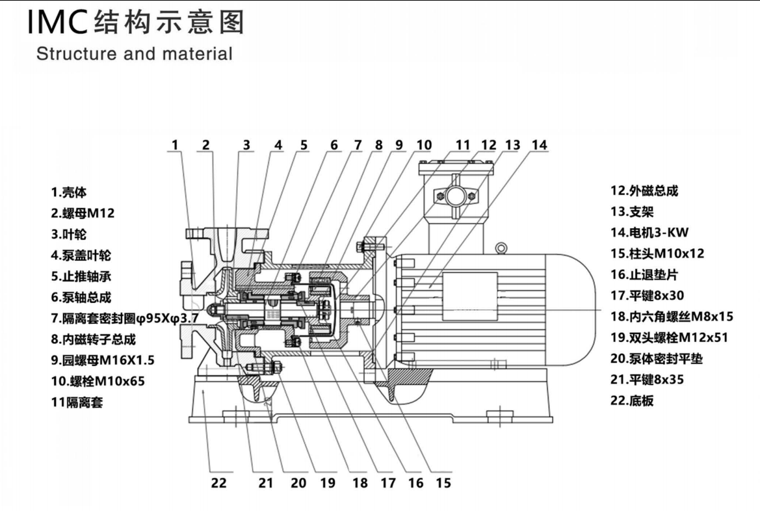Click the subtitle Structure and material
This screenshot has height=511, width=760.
click(134, 54)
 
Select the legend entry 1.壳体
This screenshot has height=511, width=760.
click(69, 192)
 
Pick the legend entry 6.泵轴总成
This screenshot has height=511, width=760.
click(81, 298)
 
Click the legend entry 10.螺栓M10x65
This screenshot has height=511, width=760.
click(98, 381)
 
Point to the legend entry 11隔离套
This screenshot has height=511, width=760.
click(77, 402)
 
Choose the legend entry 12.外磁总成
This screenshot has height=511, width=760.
click(644, 190)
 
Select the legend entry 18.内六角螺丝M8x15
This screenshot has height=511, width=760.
click(672, 317)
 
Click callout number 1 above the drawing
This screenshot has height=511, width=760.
click(175, 145)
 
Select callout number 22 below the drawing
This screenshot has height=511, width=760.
click(218, 483)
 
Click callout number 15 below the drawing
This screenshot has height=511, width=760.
click(442, 483)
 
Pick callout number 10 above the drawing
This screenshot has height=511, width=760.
click(423, 145)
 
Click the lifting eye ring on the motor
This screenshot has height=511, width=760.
click(501, 248)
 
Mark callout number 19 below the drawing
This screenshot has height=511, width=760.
click(327, 483)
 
